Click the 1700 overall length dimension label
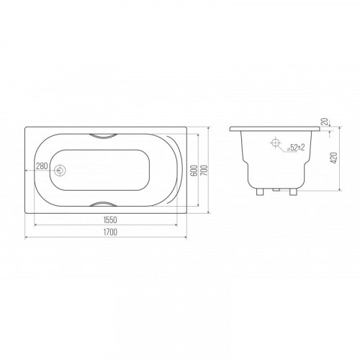110,232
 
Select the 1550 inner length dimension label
110,220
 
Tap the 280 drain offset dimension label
42,166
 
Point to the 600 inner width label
194,170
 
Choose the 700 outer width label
204,170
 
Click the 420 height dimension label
334,158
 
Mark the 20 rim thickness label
325,122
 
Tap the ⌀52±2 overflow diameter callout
296,148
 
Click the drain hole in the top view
59,170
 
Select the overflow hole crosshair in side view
275,143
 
